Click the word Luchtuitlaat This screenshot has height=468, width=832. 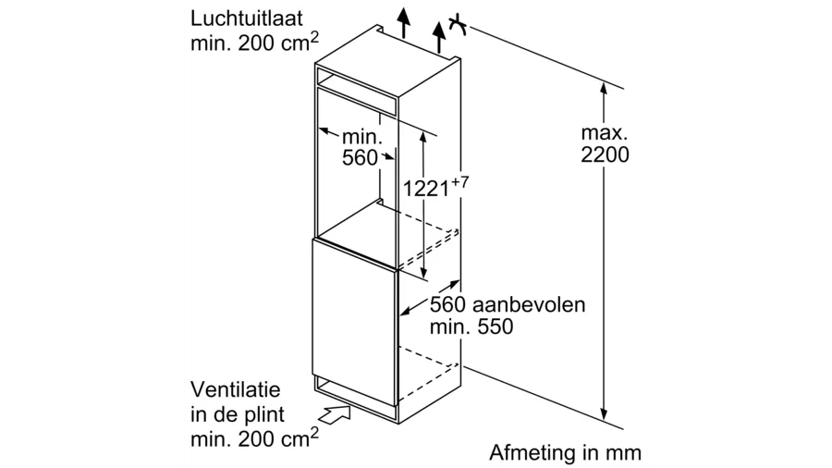coord(248,18)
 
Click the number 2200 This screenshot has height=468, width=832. coord(605,155)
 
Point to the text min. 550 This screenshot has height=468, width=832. coord(471,327)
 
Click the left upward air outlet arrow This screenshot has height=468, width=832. coord(402,20)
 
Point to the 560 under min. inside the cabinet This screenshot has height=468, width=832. coord(360,158)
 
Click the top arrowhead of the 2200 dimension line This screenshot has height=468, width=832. coord(604,89)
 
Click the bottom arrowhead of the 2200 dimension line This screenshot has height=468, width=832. coord(604,416)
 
